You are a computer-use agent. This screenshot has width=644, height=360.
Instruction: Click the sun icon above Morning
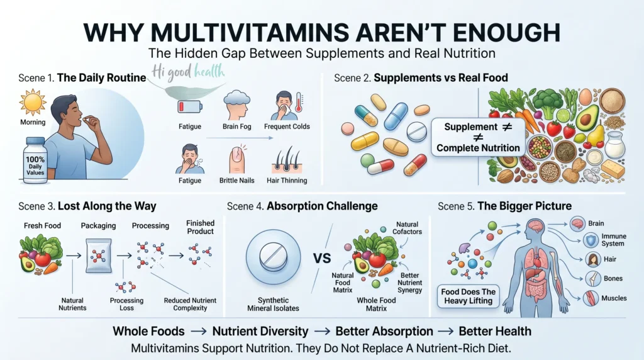[x=33, y=103]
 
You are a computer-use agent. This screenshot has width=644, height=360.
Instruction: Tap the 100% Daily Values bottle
[x=35, y=160]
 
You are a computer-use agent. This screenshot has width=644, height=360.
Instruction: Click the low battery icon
[x=189, y=107]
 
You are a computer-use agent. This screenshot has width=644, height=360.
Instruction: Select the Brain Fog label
[x=236, y=127]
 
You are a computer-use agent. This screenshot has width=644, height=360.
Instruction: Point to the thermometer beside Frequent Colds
[x=299, y=103]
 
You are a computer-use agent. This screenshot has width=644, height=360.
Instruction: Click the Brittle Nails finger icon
[x=237, y=159]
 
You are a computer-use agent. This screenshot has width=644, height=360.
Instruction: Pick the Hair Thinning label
[x=287, y=181]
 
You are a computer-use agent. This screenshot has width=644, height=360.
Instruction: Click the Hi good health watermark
[x=188, y=72]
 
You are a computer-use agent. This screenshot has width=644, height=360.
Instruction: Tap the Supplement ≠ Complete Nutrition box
[x=478, y=137]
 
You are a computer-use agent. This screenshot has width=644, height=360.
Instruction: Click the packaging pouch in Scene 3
[x=99, y=256]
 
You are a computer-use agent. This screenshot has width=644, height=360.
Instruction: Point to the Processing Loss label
[x=126, y=304]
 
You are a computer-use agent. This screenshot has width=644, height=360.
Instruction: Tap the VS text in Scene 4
[x=322, y=258]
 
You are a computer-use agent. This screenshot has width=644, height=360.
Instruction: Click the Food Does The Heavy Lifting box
[x=468, y=296]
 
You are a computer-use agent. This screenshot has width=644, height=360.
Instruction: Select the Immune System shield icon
[x=591, y=240]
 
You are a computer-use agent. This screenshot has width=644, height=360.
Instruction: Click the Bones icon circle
[x=592, y=279]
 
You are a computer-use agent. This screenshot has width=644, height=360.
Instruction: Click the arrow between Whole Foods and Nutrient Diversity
[x=198, y=331]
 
